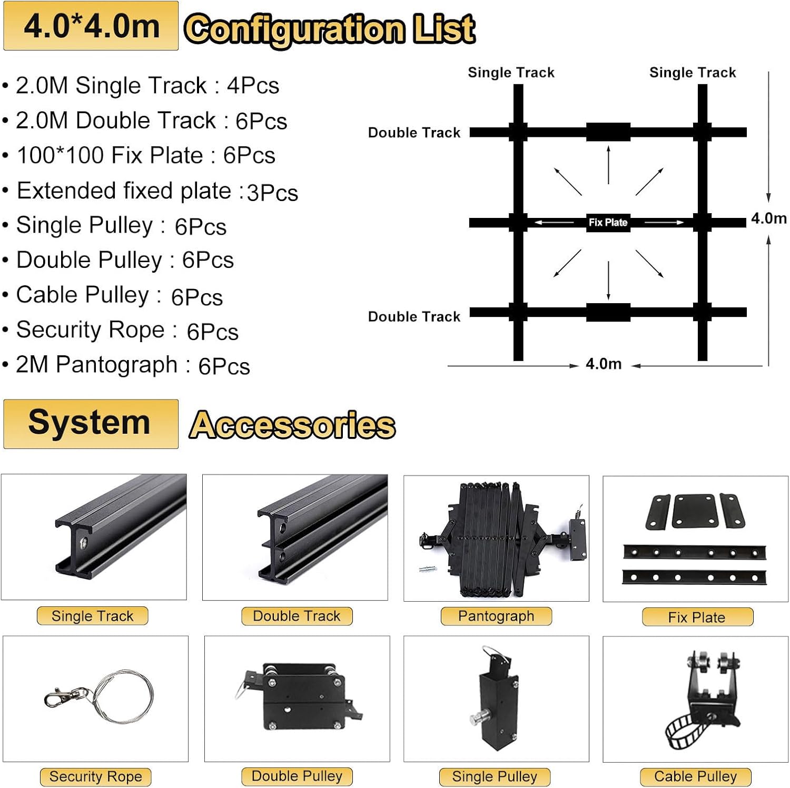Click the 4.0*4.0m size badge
click(x=91, y=26)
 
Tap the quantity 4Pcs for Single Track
click(x=253, y=86)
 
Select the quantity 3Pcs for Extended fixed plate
click(x=272, y=193)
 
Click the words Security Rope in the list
click(x=91, y=330)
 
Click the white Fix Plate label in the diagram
click(x=608, y=222)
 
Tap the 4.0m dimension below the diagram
click(x=604, y=364)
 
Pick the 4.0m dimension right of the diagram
click(x=768, y=218)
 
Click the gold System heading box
click(x=91, y=424)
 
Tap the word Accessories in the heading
click(x=292, y=425)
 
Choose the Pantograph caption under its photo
click(x=496, y=616)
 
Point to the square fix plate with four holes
click(x=695, y=511)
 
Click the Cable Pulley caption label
click(x=695, y=776)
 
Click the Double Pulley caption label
click(x=297, y=776)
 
